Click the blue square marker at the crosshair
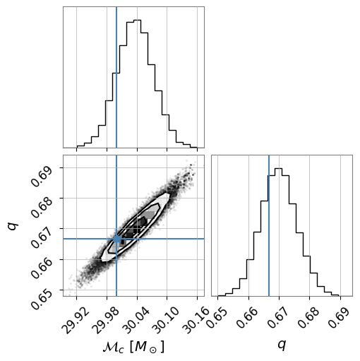point(116,239)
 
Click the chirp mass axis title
point(133,347)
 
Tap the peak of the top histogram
point(137,20)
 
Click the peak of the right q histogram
point(278,169)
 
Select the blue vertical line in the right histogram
point(269,225)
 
